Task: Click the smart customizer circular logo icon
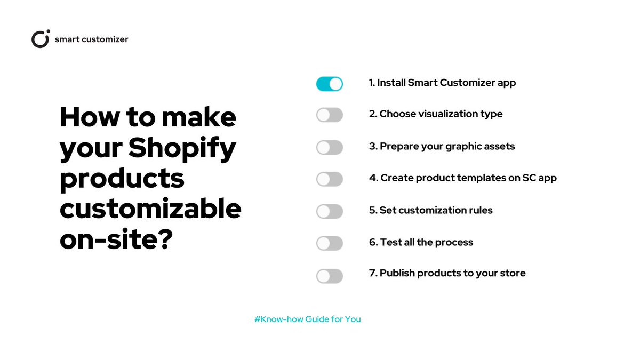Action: coord(41,39)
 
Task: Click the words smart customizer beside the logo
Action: coord(91,39)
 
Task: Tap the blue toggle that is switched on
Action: coord(329,84)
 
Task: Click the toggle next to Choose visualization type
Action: coord(329,115)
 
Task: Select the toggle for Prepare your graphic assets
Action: coord(329,147)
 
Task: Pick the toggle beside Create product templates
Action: coord(329,179)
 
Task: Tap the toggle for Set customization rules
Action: coord(329,211)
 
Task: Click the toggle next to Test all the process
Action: coord(329,243)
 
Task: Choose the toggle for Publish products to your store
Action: coord(329,276)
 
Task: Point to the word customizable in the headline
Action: coord(150,209)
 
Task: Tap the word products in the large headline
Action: coord(122,179)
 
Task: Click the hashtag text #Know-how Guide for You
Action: coord(308,319)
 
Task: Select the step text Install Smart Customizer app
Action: coord(446,83)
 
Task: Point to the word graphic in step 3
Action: coord(460,146)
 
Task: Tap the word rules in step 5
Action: coord(480,210)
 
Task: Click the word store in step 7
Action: coord(513,273)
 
